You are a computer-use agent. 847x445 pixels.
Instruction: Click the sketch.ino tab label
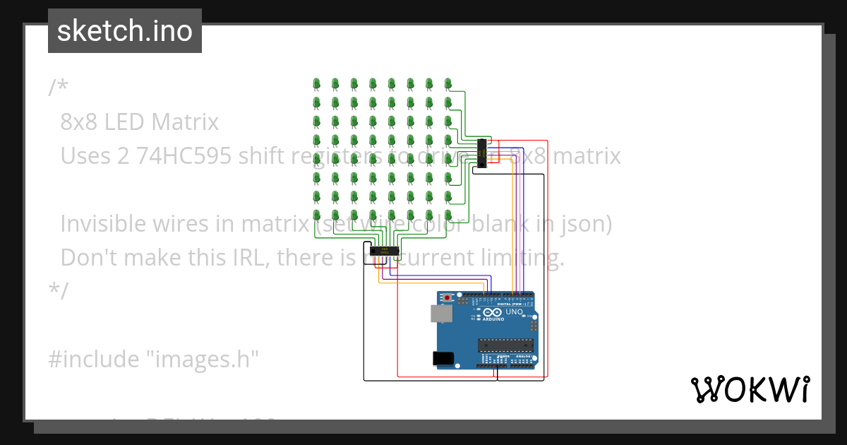pos(125,31)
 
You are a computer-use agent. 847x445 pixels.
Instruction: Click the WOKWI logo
pos(749,390)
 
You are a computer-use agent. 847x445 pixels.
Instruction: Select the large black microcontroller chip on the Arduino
pos(505,345)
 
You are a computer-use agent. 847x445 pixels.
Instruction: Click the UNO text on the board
pos(514,311)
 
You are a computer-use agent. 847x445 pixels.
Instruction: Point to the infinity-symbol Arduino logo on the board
pos(493,312)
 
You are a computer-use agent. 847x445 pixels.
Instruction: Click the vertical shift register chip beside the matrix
pos(481,153)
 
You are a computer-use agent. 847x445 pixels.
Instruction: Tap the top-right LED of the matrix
pos(447,85)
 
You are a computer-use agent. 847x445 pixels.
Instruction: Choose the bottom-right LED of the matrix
pos(447,214)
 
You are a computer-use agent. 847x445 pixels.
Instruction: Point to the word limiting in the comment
pos(522,256)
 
